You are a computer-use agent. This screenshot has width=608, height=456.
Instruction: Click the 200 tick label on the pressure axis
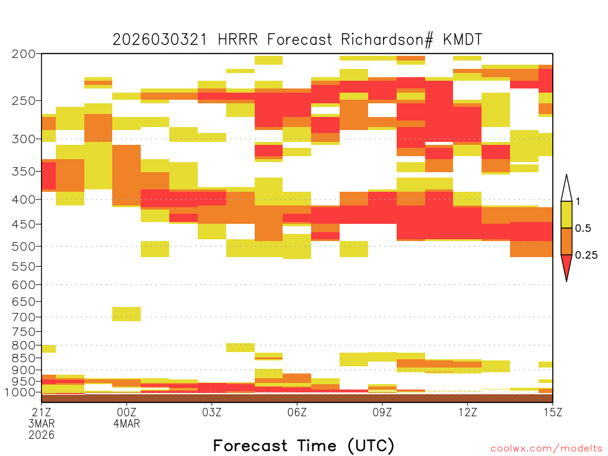(24, 53)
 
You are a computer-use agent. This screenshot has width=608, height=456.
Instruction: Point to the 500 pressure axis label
(24, 246)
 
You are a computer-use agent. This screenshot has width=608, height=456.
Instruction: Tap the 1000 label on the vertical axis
(20, 392)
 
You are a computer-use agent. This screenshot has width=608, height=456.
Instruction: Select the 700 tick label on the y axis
(24, 317)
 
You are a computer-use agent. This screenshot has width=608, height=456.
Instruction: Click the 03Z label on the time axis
(212, 412)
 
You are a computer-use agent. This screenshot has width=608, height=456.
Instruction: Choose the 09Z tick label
(382, 412)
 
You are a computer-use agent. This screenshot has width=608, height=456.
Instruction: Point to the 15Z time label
(553, 412)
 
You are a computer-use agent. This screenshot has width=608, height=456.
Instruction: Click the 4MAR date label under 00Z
(127, 423)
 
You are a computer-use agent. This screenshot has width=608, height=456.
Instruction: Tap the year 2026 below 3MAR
(42, 435)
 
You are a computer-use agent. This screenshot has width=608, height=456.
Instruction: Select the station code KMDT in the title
(463, 40)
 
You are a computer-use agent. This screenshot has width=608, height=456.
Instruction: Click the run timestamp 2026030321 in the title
(160, 40)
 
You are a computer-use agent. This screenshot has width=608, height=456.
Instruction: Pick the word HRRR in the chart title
(237, 40)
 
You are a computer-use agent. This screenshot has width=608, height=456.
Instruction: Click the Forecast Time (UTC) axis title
(303, 445)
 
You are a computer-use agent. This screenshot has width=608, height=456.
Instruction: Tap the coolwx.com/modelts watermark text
(546, 449)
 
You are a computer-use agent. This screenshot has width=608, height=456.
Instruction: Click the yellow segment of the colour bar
(566, 214)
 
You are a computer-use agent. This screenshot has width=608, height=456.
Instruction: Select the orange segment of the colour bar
(566, 241)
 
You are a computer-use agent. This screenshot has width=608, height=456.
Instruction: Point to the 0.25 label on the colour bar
(586, 255)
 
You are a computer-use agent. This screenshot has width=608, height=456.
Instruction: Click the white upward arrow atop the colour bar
(566, 188)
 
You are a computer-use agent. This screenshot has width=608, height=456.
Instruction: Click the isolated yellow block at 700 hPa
(126, 314)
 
